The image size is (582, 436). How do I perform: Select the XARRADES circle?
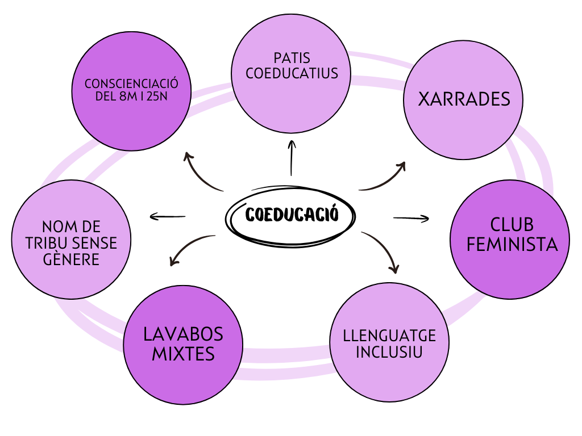coord(463,100)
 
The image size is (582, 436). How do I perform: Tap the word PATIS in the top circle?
coord(292,58)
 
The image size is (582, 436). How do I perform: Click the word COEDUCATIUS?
coord(292,73)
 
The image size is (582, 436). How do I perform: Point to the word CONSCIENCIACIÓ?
coord(131,83)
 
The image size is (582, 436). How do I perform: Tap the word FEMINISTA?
coord(509,244)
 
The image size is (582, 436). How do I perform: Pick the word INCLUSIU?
coord(389,352)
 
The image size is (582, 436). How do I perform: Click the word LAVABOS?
coord(183,334)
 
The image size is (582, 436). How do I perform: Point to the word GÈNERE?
coord(71,259)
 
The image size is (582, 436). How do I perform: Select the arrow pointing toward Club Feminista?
coord(411,218)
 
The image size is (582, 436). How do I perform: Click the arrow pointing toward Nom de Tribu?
coord(168,216)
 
